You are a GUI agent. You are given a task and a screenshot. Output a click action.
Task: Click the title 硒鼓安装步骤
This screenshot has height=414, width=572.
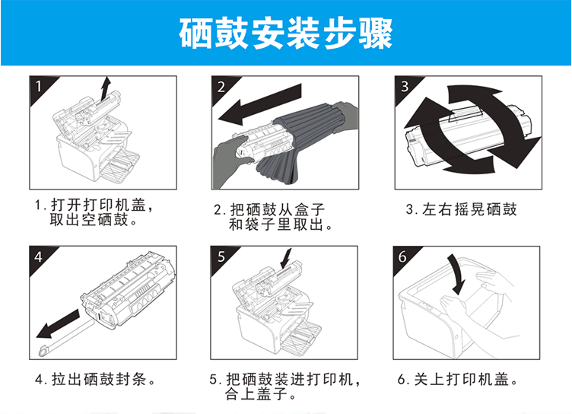286,33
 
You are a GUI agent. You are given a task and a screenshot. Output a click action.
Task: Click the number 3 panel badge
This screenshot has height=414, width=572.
405,87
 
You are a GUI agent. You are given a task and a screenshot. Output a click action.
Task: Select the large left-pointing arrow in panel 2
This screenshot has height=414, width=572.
260,104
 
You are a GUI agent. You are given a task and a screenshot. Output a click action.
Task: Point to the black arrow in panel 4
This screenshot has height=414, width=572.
58,324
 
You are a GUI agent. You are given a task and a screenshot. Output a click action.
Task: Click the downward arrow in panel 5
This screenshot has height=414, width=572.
286,260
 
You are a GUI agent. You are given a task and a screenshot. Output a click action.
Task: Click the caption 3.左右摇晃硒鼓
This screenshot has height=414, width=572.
462,209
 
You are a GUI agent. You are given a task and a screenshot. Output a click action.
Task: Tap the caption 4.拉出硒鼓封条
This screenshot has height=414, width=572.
96,379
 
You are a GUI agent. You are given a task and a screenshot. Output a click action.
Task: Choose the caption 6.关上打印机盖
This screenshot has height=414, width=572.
458,379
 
